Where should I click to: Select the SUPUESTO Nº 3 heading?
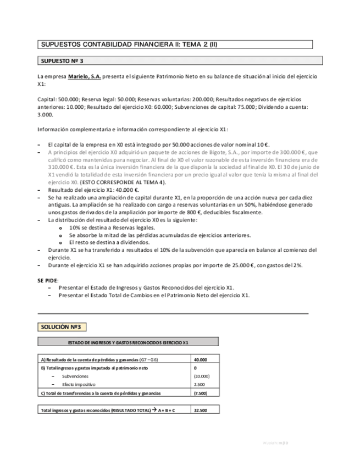point(63,60)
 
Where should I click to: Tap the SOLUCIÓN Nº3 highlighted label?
point(61,327)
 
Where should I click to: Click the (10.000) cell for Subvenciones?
point(202,376)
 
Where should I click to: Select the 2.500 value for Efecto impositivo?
point(201,385)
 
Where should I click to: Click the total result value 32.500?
point(201,410)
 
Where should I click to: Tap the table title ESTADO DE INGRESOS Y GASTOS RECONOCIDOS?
point(128,342)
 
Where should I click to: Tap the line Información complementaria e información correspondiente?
point(132,129)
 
